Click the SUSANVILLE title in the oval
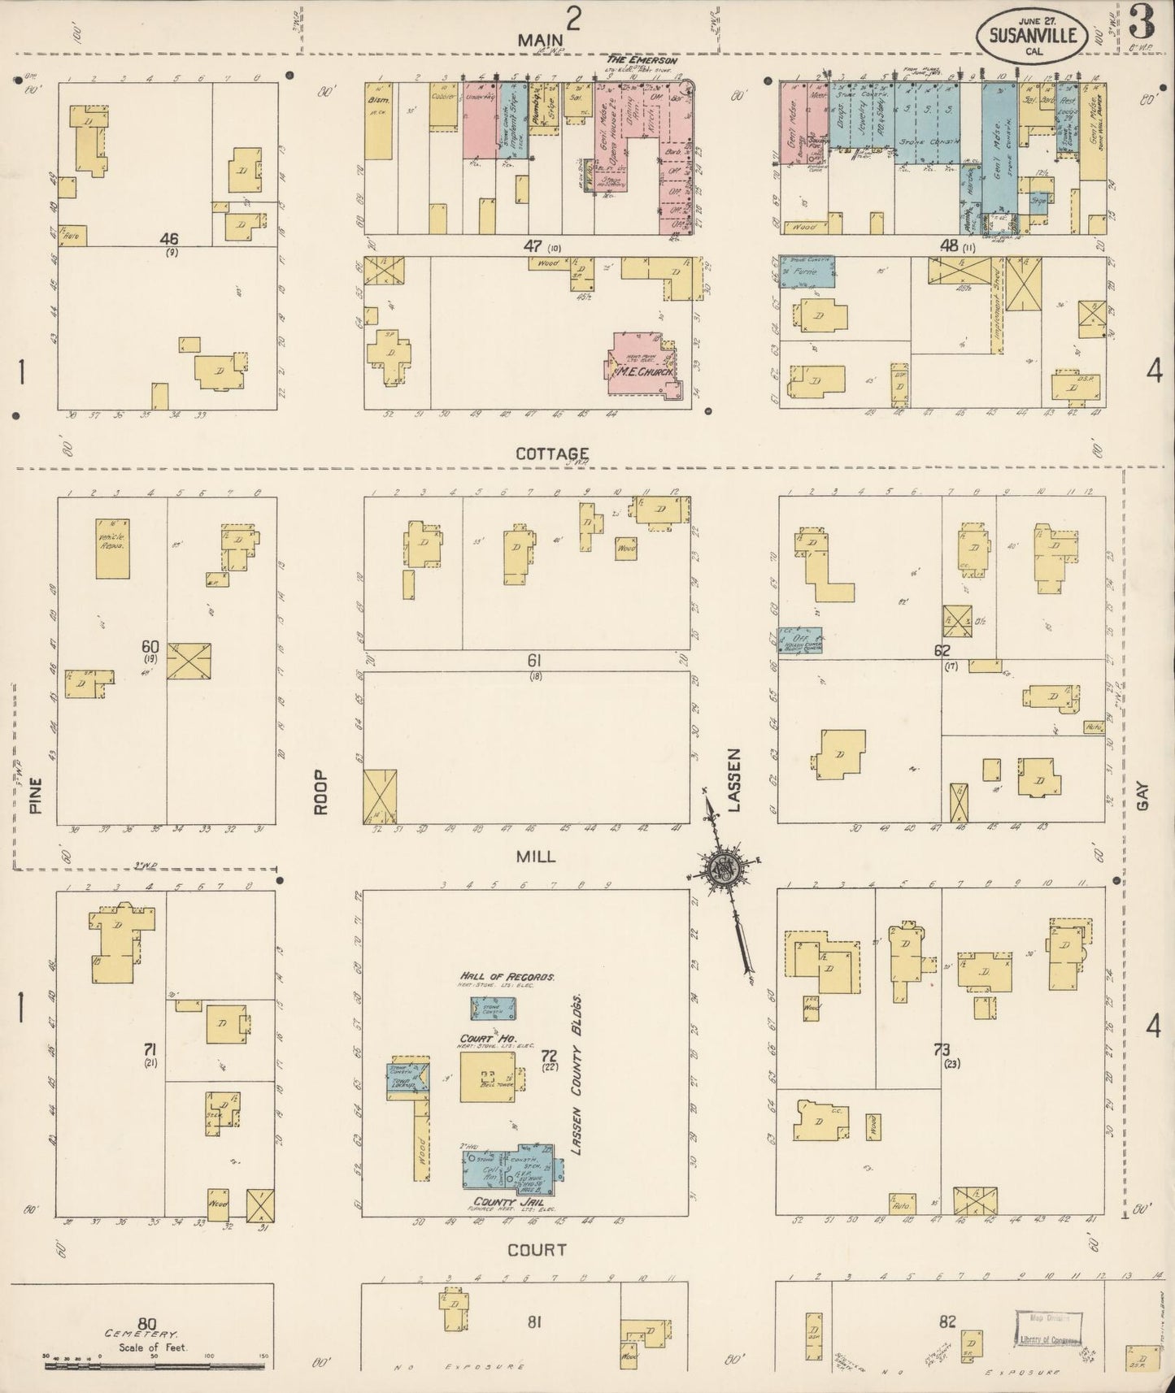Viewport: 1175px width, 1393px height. click(1034, 35)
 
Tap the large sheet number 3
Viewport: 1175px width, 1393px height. click(1142, 24)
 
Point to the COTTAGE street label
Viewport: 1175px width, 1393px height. click(552, 453)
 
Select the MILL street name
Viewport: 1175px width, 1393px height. click(535, 856)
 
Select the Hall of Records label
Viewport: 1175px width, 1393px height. click(507, 976)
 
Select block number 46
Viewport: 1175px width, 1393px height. click(169, 239)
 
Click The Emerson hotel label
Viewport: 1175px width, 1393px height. click(642, 61)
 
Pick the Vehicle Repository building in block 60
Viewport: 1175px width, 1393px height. click(112, 549)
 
